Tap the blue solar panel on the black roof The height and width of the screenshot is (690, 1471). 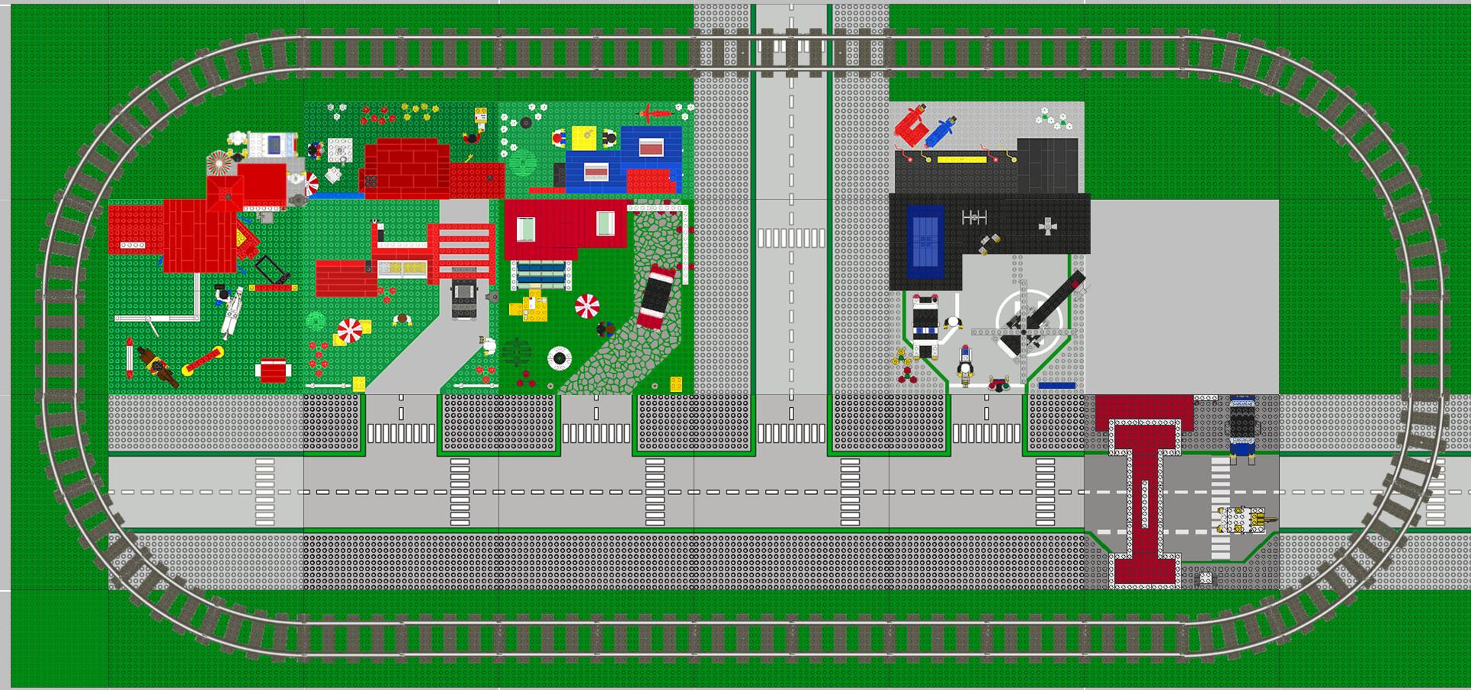point(925,242)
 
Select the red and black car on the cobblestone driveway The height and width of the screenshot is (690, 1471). point(657,296)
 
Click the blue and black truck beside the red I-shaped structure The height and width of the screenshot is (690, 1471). point(1242,427)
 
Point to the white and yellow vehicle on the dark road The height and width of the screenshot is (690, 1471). point(1242,521)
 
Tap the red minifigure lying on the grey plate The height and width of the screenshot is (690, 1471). point(909,127)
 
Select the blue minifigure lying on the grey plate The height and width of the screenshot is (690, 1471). point(941,130)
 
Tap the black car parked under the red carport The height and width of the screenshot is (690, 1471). point(463,298)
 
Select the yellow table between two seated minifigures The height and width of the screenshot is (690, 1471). point(585,138)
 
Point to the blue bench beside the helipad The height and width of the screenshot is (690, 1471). point(1056,386)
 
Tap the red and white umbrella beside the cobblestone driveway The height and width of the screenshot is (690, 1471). point(587,306)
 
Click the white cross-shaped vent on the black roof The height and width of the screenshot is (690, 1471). point(1049,226)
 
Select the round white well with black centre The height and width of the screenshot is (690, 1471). point(559,358)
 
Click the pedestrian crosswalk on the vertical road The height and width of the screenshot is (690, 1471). point(791,238)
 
